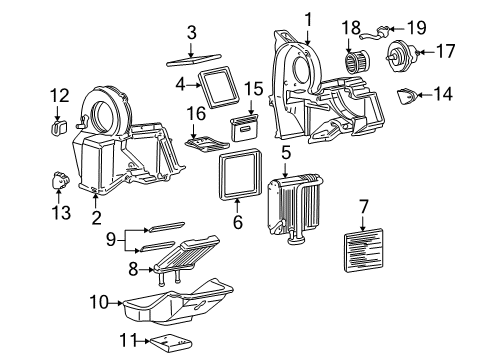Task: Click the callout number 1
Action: (308, 17)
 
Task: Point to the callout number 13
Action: (62, 214)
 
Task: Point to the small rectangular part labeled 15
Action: (245, 126)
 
